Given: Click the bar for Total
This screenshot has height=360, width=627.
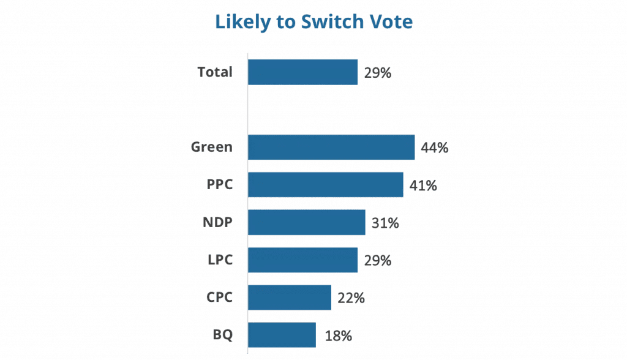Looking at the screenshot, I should point(303,72).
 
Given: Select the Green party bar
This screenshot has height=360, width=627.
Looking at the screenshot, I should point(331,148).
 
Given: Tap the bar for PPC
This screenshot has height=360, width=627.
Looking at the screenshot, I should point(326,185).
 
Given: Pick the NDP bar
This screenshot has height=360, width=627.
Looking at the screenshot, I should point(307,223).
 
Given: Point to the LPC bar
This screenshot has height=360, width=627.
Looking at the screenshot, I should point(303,260).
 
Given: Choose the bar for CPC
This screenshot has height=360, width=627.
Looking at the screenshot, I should point(290,298).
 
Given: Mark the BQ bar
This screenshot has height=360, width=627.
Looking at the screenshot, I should point(282,336).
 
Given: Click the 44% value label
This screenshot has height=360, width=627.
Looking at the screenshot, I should point(435,148).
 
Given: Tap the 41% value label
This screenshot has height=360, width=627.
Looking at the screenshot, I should point(423,186).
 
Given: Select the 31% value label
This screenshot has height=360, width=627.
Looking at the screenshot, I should point(386,223).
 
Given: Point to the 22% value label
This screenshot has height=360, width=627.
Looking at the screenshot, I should point(351,299).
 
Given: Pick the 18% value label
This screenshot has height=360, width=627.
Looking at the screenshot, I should point(336,336).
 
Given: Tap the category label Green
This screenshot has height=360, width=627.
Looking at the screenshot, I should point(212,148).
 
